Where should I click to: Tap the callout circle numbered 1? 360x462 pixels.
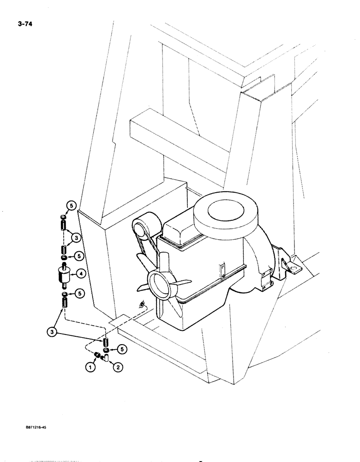90,368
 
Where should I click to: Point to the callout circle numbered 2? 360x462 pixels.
118,368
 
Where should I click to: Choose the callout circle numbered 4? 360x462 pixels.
80,274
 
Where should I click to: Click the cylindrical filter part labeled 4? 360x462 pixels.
64,275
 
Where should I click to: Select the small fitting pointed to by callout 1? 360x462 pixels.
98,355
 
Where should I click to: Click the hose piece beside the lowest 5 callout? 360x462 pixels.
105,342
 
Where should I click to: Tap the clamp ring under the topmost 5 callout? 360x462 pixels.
64,217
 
